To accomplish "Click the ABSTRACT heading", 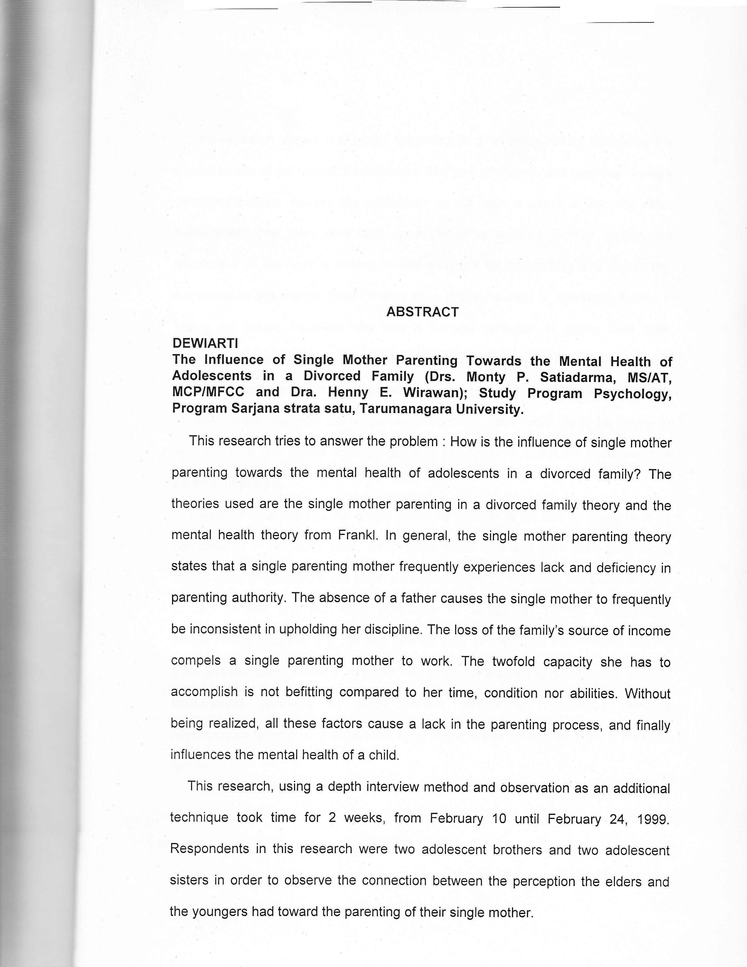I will (422, 312).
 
